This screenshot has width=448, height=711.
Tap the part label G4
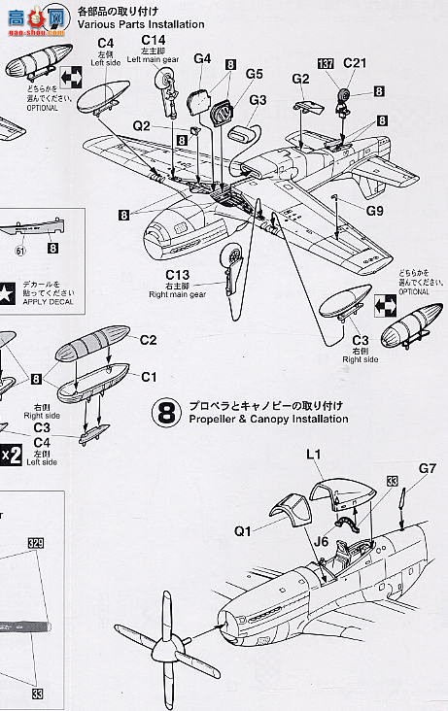pos(202,58)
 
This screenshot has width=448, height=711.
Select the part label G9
pos(374,210)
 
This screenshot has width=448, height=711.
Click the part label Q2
pos(143,125)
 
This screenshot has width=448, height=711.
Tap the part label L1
pos(313,455)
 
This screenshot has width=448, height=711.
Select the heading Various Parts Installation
pos(141,24)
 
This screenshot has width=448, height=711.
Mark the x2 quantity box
pos(9,456)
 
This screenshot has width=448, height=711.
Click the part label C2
pos(148,340)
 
